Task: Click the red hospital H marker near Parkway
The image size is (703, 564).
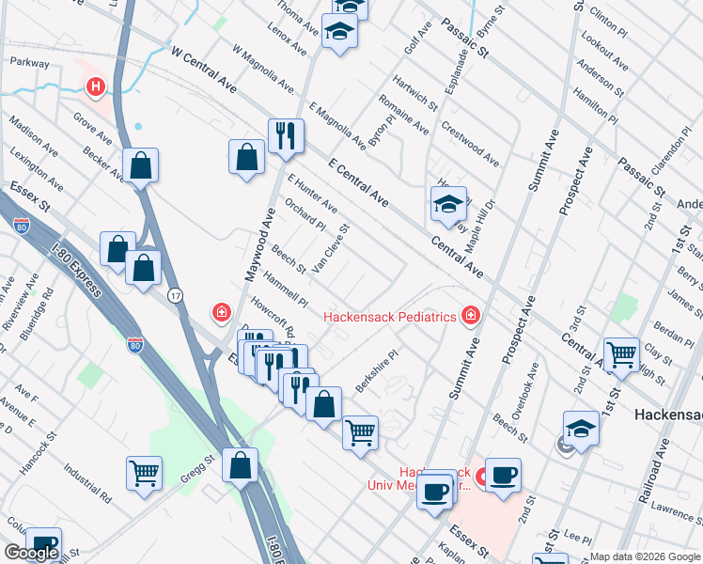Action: pos(95,87)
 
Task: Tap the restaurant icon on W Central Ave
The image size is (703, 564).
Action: pos(283,136)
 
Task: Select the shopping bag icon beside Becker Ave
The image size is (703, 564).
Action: pos(140,165)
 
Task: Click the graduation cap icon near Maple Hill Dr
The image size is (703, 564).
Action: pos(448,203)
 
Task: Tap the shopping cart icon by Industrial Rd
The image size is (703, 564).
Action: pos(144,473)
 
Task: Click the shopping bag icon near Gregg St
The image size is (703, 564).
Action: pos(241,464)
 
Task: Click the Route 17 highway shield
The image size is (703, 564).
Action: pos(175,296)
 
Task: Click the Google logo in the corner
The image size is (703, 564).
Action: pos(31,553)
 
